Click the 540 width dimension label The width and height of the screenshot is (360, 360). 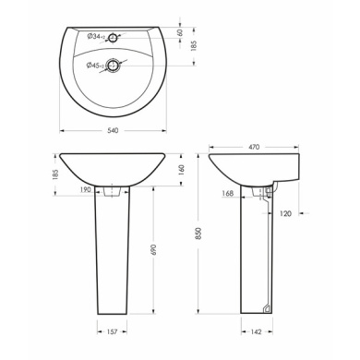coord(113,130)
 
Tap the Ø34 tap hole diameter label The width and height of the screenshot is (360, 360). coord(96,37)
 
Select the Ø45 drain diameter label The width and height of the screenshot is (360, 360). coord(95,66)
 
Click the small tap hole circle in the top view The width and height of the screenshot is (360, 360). coord(113,38)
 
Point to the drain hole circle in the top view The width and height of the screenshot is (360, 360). coord(112,65)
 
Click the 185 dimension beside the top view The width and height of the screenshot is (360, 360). coord(194,46)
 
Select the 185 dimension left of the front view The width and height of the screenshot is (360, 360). coord(55,174)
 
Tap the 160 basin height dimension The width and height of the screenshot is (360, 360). coord(182,169)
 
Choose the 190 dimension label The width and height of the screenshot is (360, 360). coord(86,189)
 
